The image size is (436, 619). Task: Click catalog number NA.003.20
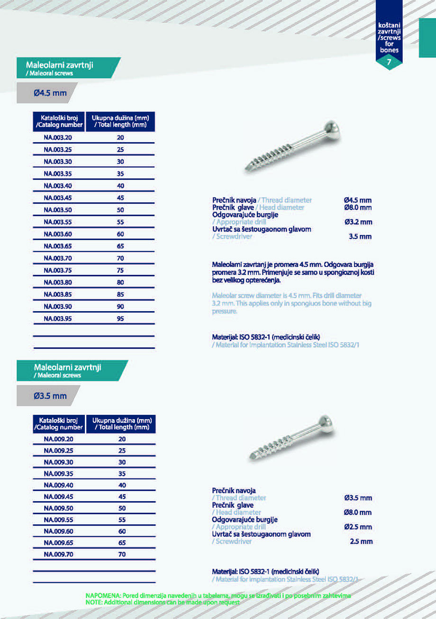pos(58,137)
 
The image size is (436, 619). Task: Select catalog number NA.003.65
pos(58,246)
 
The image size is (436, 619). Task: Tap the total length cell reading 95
pos(120,319)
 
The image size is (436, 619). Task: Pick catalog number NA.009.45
pos(58,497)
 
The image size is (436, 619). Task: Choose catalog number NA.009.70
pos(58,554)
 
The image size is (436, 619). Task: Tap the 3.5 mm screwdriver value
pos(360,236)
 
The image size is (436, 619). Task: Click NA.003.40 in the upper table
pos(58,186)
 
